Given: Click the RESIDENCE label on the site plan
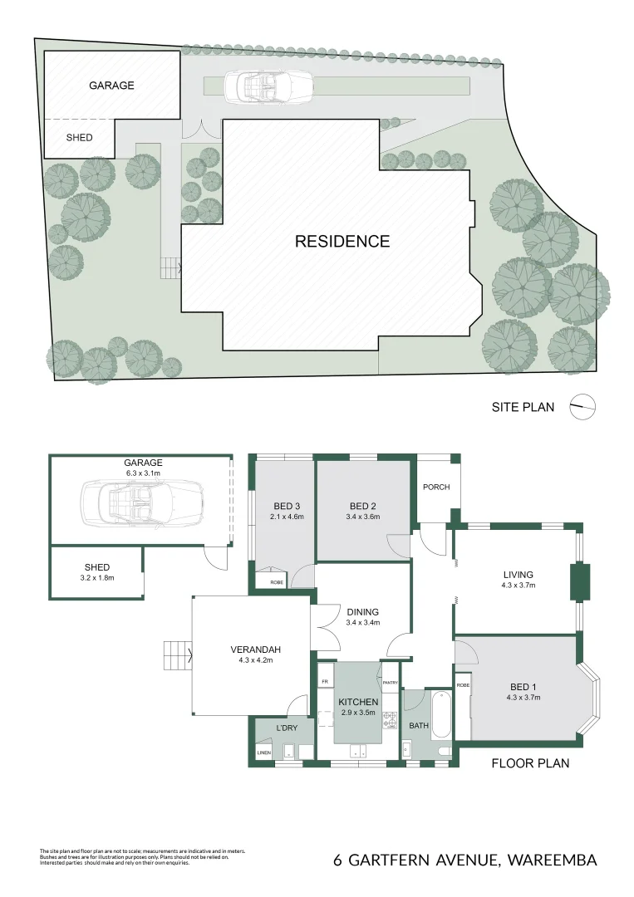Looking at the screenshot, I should tap(342, 242).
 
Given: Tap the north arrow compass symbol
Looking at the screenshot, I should tap(584, 407).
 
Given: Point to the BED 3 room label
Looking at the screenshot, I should tap(285, 506).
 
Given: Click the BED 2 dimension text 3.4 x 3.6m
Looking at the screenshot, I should tap(364, 517).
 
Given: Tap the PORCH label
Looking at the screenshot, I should tap(435, 487).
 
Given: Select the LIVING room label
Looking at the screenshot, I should tap(518, 574).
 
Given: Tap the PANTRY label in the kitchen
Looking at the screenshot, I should tap(391, 683).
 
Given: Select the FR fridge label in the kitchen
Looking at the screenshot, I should tap(324, 682).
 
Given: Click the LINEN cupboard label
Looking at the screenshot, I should tap(263, 752).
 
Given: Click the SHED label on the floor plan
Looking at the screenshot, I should tap(97, 568).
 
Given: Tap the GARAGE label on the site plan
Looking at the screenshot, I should tap(111, 85).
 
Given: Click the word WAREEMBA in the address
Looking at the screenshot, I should tap(550, 860).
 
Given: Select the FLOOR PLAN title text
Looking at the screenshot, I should tap(530, 762).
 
